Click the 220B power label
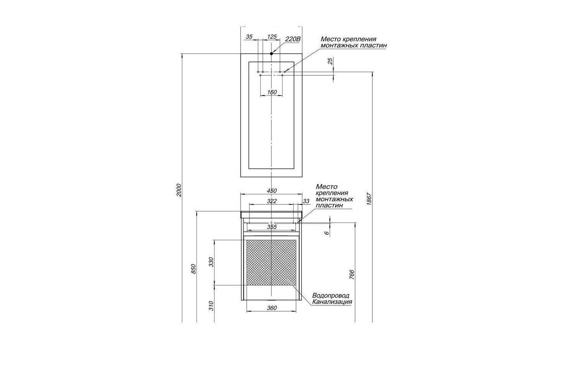[x=293, y=39]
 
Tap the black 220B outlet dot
[x=271, y=53]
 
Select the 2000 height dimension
[x=178, y=190]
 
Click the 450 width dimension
[x=272, y=191]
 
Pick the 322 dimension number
[x=272, y=201]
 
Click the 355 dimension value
[x=272, y=227]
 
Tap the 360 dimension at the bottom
[x=272, y=308]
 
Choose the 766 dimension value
[x=352, y=275]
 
